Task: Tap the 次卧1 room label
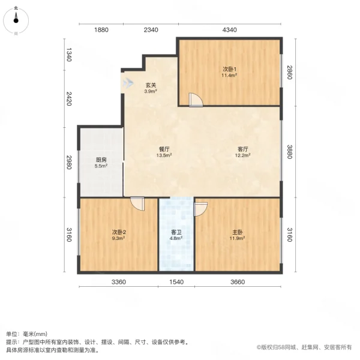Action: point(229,70)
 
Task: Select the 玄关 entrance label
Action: point(150,85)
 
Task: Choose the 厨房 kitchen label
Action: point(101,160)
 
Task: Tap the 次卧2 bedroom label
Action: point(118,232)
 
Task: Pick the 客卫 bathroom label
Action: point(176,232)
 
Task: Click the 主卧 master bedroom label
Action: point(238,232)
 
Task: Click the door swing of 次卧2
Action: point(139,203)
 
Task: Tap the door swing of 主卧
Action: point(200,208)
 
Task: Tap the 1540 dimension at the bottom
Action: point(176,282)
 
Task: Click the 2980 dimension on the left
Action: point(69,163)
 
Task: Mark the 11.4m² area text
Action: point(229,76)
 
